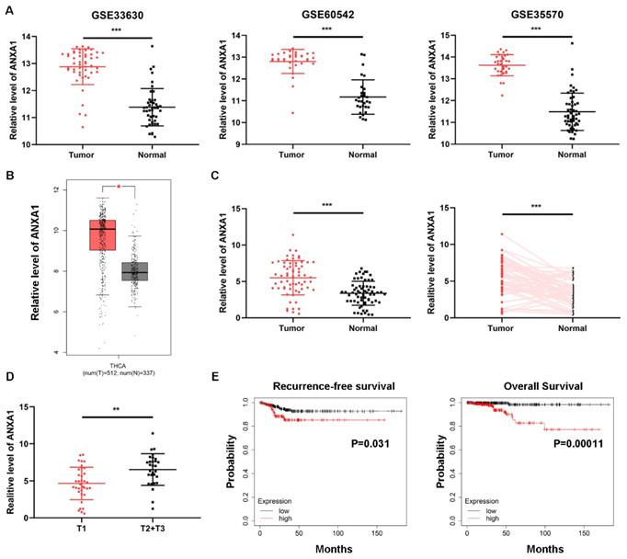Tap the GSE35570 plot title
pos(510,13)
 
